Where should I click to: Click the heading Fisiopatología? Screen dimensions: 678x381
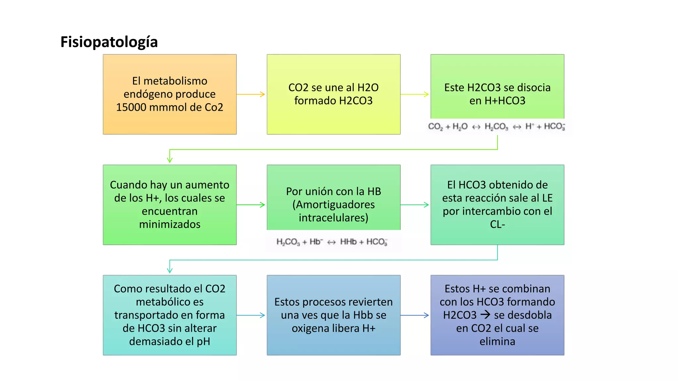[109, 42]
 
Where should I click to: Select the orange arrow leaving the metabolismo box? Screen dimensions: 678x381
[251, 94]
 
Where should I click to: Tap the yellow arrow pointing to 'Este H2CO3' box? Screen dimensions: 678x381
[415, 94]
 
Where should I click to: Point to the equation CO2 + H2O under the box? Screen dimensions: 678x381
[448, 126]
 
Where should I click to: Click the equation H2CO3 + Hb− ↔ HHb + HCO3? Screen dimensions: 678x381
[332, 242]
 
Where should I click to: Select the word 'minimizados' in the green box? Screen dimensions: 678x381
[170, 224]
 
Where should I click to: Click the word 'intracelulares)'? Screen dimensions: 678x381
[334, 218]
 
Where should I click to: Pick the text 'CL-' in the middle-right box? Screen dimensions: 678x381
[498, 224]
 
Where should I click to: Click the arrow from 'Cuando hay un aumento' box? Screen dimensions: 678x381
[251, 205]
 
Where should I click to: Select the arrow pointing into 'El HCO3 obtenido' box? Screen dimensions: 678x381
[415, 205]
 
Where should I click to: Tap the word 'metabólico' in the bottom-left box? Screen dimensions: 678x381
[170, 302]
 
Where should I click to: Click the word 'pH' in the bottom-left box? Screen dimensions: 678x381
[203, 342]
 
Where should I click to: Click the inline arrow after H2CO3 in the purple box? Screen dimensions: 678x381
[485, 315]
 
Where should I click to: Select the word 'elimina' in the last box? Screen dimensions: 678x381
[498, 341]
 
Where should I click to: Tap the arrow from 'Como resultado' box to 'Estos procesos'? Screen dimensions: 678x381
[251, 315]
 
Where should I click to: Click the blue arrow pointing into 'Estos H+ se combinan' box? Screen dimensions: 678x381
[415, 315]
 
